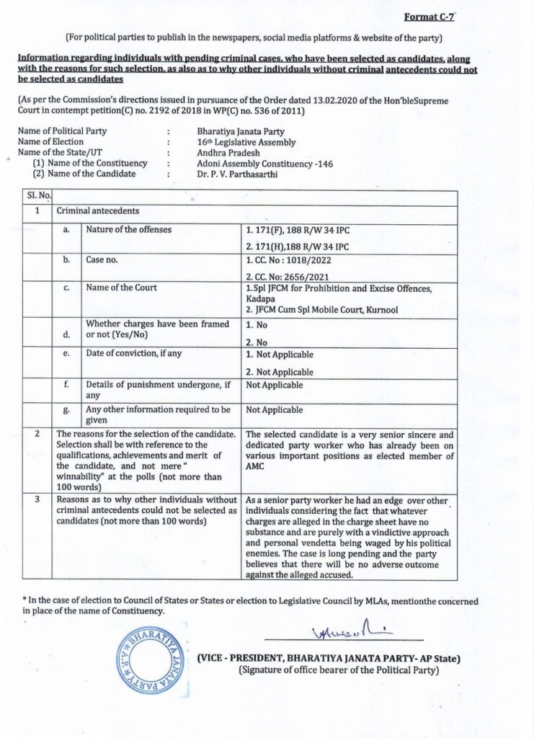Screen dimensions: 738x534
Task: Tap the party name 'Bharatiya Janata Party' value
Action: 241,132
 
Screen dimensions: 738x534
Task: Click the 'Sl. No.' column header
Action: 37,196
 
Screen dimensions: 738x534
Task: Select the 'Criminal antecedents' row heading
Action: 98,211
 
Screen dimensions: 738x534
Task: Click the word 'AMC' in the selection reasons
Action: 257,466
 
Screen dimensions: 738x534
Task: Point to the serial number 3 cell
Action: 37,499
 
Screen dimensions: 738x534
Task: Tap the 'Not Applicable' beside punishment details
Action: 275,386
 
